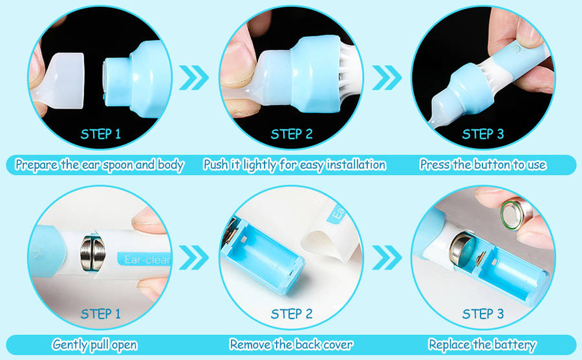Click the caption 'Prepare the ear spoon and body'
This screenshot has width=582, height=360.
pos(100,165)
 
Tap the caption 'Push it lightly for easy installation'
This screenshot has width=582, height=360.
pos(295,165)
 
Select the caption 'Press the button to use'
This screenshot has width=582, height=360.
pos(483,164)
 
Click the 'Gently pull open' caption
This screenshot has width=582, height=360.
pos(94,344)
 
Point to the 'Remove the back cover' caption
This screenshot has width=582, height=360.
pos(292,344)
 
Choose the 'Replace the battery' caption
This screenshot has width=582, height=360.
pos(482,344)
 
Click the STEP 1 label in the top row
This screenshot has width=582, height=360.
pos(101,134)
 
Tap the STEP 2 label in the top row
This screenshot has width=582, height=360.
pos(292,134)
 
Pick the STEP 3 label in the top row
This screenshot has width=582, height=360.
pos(483,134)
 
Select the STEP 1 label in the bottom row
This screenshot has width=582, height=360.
pos(101,314)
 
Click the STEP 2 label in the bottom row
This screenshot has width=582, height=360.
pos(292,314)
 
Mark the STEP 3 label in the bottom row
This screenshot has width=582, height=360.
pos(483,314)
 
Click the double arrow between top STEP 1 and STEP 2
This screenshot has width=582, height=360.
pos(194,78)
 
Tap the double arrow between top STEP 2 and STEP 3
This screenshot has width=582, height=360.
pos(387,78)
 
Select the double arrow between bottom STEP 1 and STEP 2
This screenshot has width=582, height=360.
pos(194,258)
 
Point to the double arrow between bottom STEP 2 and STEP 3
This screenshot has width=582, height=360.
pos(387,258)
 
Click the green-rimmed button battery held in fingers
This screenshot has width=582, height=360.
pos(516,215)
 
